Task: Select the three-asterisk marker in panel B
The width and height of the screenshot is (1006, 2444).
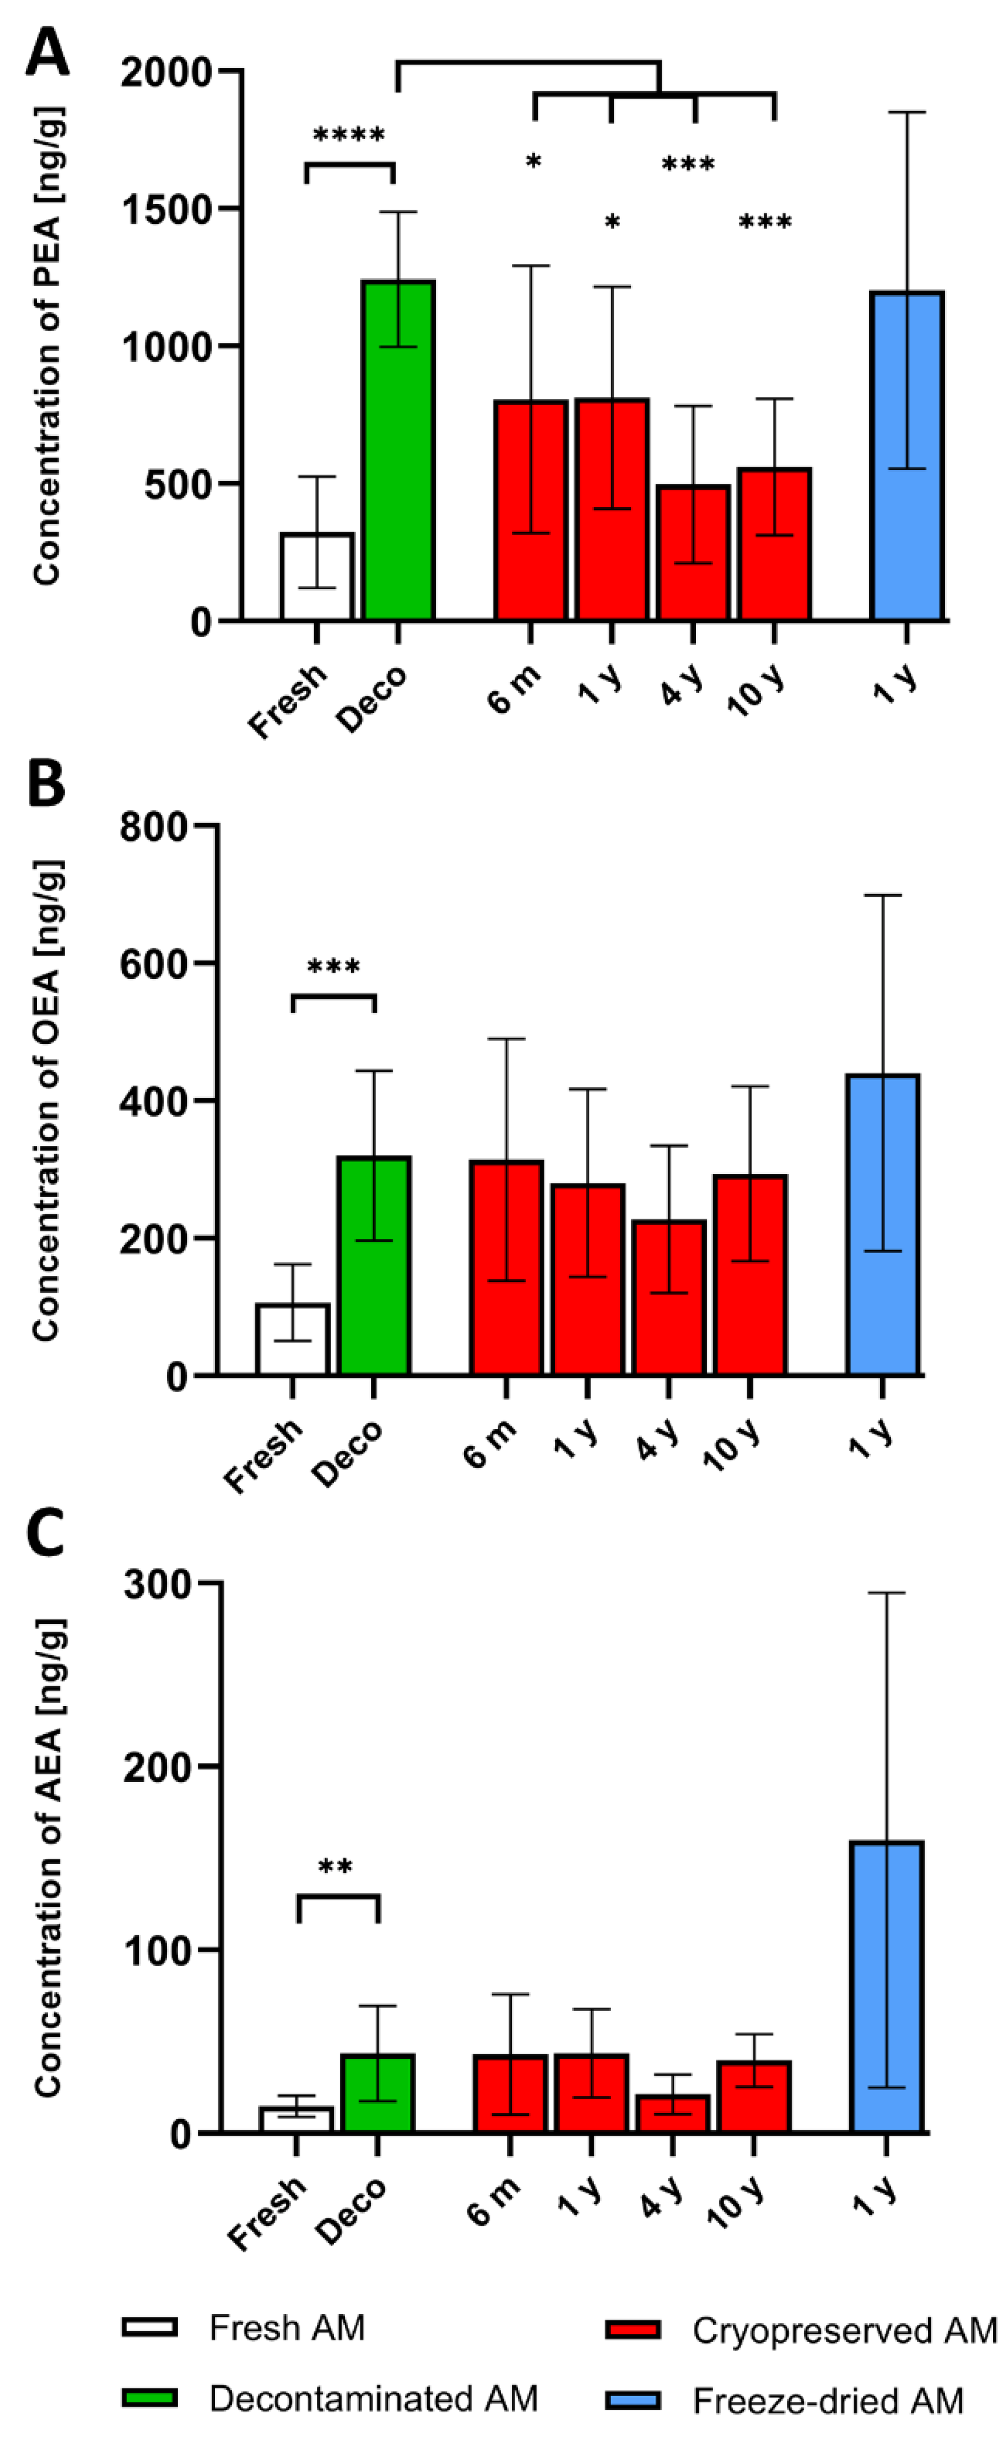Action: point(333,968)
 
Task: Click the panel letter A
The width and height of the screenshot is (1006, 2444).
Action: point(47,53)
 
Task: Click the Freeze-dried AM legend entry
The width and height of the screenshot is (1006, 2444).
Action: point(828,2400)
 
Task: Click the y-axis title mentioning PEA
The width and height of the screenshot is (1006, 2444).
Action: point(47,346)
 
